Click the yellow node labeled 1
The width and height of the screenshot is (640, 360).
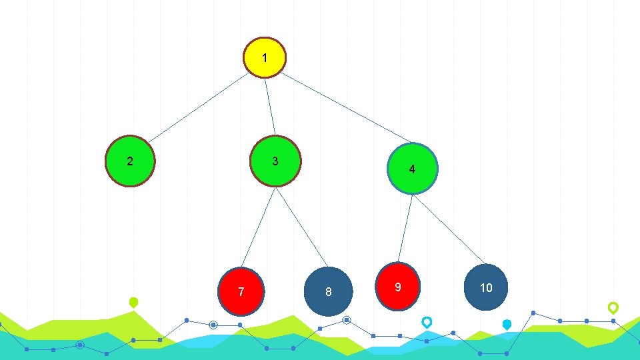[265, 57]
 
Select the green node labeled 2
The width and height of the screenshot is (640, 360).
[131, 161]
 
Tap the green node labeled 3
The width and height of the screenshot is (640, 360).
[275, 161]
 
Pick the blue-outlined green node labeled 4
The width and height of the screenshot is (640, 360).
[413, 169]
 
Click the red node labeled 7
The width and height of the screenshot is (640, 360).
[242, 291]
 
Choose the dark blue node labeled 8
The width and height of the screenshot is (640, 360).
[328, 291]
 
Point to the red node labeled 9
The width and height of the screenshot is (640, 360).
[398, 287]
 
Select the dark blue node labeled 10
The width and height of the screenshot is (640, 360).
[487, 287]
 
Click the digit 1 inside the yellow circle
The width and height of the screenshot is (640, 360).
[265, 58]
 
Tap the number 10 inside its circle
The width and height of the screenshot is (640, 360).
[487, 287]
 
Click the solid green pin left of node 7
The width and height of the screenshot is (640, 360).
[133, 302]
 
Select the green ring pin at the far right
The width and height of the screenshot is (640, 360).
[613, 307]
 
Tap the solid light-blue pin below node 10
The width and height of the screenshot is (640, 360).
[507, 325]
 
